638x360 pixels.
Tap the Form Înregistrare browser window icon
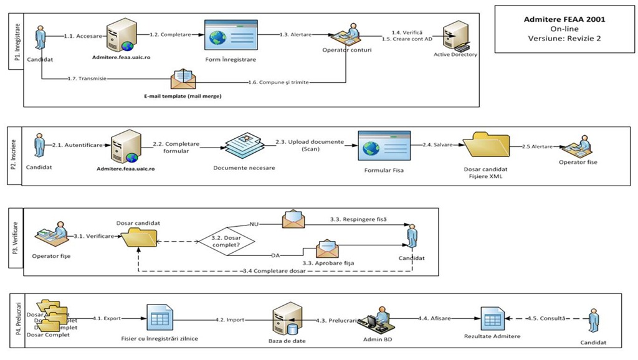click(x=230, y=36)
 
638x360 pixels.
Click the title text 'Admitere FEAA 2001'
click(x=564, y=19)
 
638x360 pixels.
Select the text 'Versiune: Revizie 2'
click(x=564, y=38)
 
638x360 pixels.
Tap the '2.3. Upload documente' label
click(x=309, y=142)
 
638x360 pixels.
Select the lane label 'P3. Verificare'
click(x=16, y=241)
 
